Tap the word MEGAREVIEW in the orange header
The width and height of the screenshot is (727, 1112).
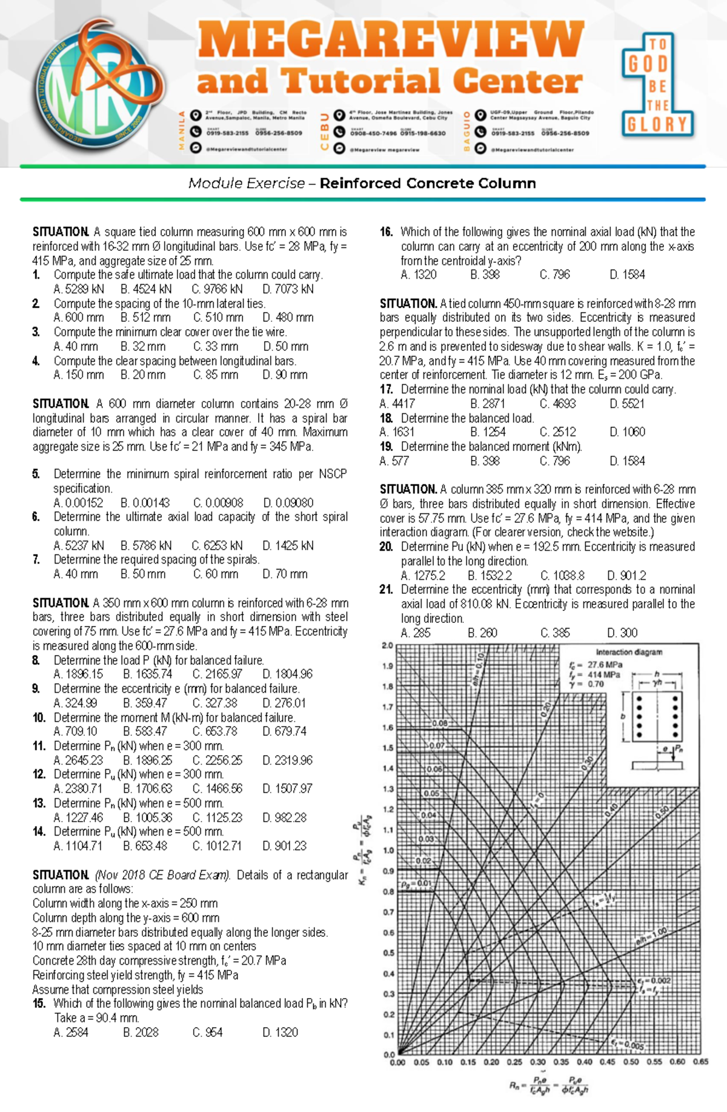point(391,40)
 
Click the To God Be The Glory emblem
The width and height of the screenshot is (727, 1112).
point(657,85)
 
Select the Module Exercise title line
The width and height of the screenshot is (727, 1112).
point(362,183)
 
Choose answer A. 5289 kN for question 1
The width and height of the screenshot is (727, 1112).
point(79,289)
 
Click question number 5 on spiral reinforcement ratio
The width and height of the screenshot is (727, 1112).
point(36,474)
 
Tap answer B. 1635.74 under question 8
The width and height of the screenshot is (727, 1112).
point(147,674)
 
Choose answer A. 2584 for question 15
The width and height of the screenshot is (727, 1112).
point(71,1032)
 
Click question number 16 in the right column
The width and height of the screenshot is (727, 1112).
point(387,232)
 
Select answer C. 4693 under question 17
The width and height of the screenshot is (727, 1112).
point(557,404)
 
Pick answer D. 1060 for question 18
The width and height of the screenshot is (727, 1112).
point(627,432)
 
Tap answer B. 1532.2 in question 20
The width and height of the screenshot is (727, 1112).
point(490,576)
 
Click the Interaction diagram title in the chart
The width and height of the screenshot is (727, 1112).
point(629,652)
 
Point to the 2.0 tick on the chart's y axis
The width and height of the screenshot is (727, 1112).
point(388,645)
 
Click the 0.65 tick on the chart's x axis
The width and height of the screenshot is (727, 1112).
point(700,1062)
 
